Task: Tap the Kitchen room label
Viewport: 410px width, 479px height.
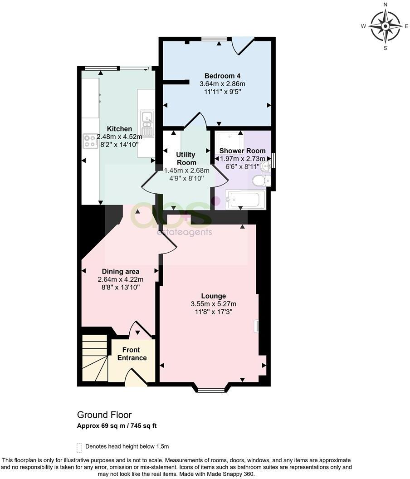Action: click(119, 129)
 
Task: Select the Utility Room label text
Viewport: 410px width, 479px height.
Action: click(186, 159)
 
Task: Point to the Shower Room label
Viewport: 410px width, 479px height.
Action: click(243, 151)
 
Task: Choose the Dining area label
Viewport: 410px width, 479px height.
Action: click(120, 272)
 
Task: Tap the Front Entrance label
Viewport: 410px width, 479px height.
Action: click(132, 354)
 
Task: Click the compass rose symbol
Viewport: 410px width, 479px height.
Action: click(385, 26)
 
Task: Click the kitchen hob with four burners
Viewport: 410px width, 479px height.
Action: click(90, 141)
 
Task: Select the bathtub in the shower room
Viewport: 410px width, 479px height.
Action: click(245, 200)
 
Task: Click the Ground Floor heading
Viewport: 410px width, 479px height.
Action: click(104, 415)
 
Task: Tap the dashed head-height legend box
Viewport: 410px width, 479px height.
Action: click(79, 447)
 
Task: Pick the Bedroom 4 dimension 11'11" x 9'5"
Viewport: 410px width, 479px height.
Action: click(222, 91)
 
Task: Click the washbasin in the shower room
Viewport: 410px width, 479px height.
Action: click(267, 166)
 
